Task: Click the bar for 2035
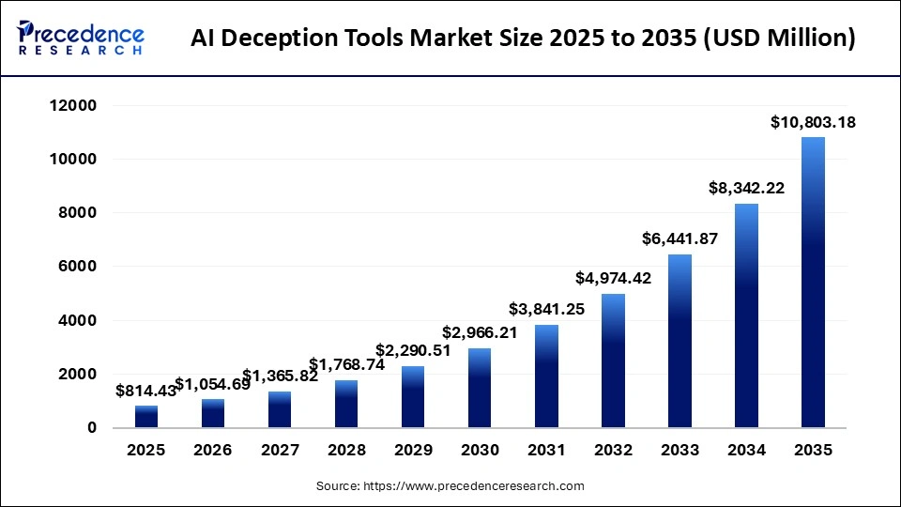click(813, 283)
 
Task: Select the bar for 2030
click(480, 388)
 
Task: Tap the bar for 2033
click(680, 341)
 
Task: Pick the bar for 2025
click(146, 416)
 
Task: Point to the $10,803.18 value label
click(813, 122)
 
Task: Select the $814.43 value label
click(146, 391)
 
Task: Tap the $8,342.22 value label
click(746, 188)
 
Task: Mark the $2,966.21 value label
click(480, 332)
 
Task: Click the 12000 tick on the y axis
click(71, 106)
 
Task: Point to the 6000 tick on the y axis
click(78, 267)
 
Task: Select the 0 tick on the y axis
click(91, 428)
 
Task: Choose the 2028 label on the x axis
click(346, 451)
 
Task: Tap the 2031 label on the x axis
click(546, 451)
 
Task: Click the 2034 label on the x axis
click(746, 451)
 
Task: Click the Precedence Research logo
click(81, 38)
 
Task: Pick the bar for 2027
click(280, 409)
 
